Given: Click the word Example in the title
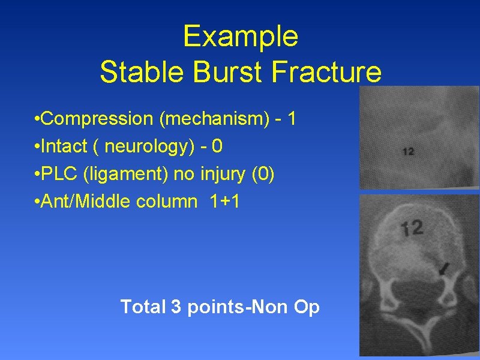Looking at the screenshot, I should [x=240, y=36].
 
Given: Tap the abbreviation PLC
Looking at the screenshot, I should [x=61, y=174].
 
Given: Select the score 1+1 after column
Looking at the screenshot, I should [x=226, y=202].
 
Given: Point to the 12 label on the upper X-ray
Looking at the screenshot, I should [x=408, y=152].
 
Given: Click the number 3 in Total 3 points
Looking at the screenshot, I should [x=176, y=307].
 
